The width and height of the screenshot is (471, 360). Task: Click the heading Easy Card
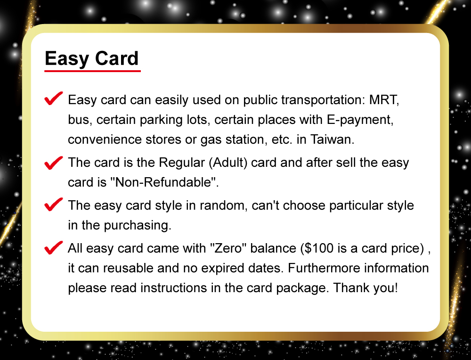pyautogui.click(x=92, y=59)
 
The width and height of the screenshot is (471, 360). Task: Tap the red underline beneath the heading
pyautogui.click(x=92, y=71)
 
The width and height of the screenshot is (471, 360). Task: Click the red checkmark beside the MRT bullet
pyautogui.click(x=54, y=98)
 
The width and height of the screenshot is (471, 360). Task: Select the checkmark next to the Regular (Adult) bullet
pyautogui.click(x=54, y=163)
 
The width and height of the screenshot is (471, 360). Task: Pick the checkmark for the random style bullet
pyautogui.click(x=54, y=205)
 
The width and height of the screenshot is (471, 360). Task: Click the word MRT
pyautogui.click(x=384, y=100)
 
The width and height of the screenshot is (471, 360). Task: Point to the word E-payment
pyautogui.click(x=360, y=120)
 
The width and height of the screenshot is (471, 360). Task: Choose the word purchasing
pyautogui.click(x=137, y=225)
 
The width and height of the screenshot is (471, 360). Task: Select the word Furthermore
pyautogui.click(x=324, y=268)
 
